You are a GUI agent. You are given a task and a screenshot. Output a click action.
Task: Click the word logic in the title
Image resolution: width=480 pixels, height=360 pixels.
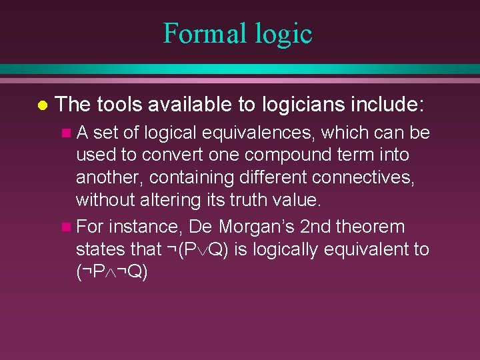tap(282, 33)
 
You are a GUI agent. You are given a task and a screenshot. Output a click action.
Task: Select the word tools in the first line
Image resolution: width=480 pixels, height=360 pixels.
tap(121, 104)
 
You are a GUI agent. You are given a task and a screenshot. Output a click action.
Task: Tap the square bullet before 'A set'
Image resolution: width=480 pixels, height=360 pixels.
tap(65, 134)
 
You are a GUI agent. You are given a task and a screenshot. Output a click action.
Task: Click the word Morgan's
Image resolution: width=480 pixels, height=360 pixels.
tap(257, 227)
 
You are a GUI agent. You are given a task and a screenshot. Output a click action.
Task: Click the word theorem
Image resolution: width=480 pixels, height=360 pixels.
tap(370, 227)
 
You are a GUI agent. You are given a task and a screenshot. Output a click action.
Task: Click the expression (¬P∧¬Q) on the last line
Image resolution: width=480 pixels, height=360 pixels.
tap(111, 273)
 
